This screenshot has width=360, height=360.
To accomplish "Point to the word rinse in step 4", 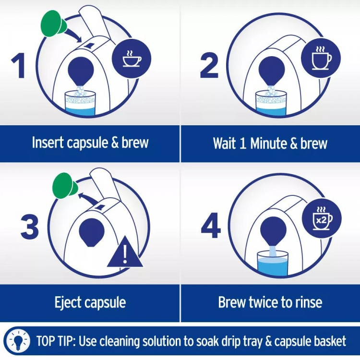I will coord(308,302).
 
